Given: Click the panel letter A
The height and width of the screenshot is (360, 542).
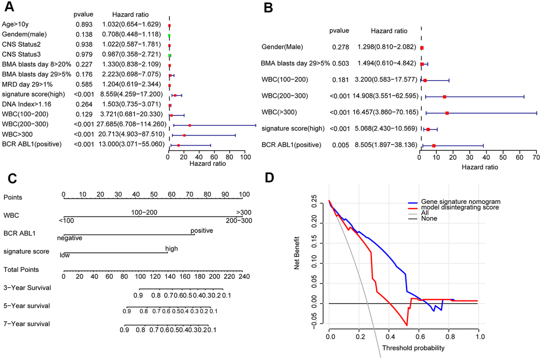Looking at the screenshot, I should pos(9,8).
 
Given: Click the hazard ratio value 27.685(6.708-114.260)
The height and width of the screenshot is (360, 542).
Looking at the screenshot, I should pos(131,125).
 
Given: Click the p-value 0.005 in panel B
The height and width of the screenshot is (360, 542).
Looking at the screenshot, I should pos(340,145).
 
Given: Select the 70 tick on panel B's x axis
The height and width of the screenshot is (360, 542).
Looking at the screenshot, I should pos(536,158).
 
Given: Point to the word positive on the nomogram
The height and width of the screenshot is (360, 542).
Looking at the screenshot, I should pos(202,230).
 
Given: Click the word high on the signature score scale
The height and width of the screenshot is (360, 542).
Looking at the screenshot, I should pos(172,248).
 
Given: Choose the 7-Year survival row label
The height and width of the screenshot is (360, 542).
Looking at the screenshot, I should pos(26,323).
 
